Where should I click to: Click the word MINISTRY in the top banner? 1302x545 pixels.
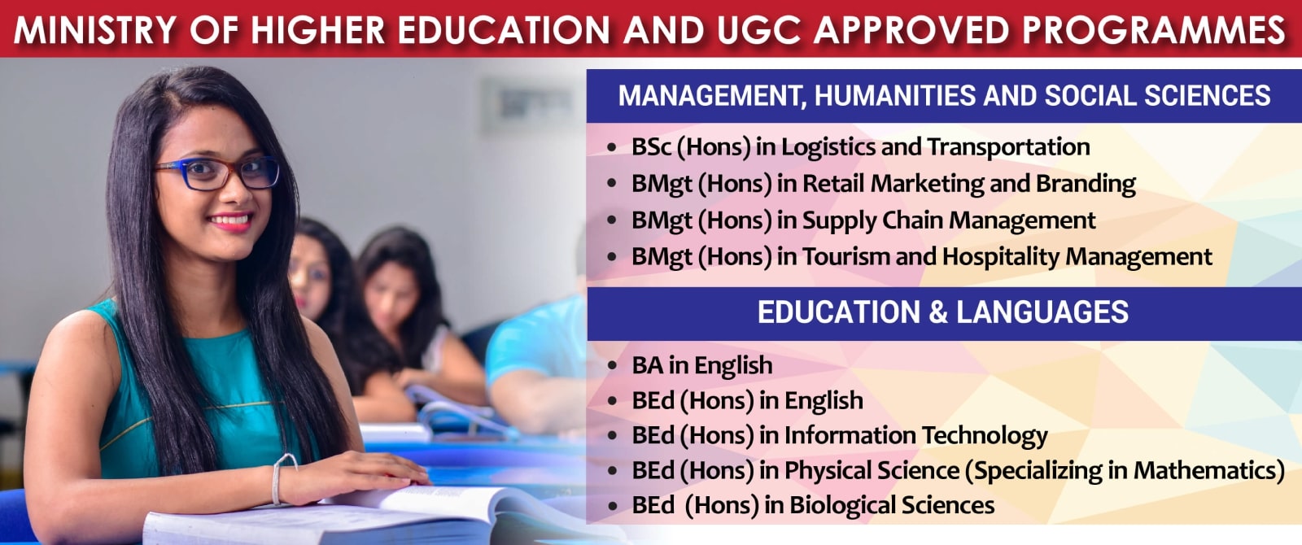(x=94, y=29)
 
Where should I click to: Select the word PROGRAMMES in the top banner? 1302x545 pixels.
(x=1155, y=29)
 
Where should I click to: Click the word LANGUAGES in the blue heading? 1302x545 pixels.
(x=1042, y=312)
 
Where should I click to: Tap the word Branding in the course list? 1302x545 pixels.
(x=1086, y=184)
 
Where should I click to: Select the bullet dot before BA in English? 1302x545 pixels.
(x=611, y=366)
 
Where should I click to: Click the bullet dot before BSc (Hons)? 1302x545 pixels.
(x=611, y=147)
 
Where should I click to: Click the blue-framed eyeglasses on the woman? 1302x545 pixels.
(x=217, y=174)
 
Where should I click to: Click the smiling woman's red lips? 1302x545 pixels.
(x=231, y=221)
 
